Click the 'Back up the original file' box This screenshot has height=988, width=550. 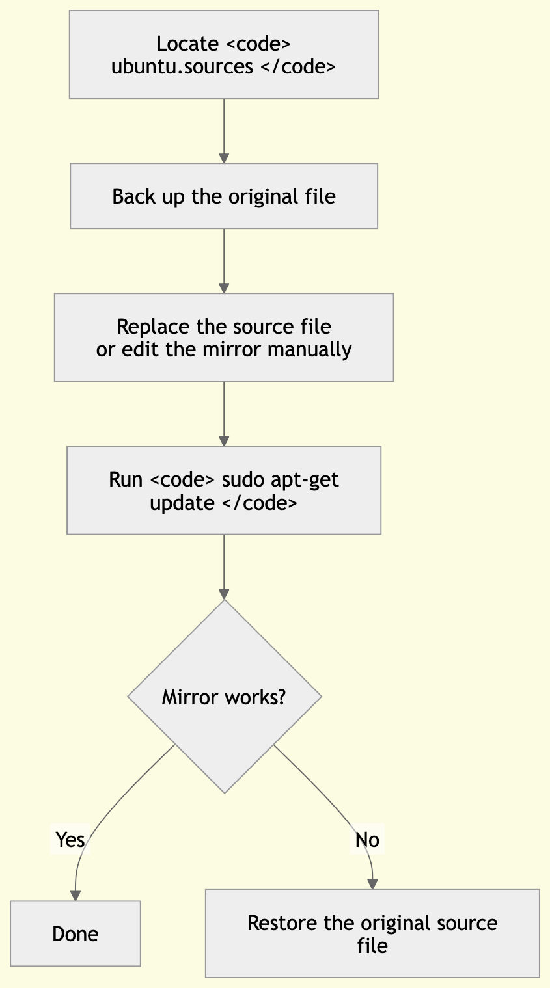[x=224, y=196]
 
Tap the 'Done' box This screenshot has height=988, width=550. [x=76, y=933]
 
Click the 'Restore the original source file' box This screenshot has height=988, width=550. [x=372, y=933]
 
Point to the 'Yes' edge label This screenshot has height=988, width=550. [x=70, y=840]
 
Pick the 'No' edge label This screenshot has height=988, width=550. [x=367, y=840]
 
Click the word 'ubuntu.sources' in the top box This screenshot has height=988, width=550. [x=182, y=66]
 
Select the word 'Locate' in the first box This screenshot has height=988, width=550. [x=187, y=44]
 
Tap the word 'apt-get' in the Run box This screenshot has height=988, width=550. [x=306, y=480]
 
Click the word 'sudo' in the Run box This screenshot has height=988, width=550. [x=243, y=480]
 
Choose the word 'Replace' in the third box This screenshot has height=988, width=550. [x=153, y=326]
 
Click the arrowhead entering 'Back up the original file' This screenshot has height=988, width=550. [x=224, y=158]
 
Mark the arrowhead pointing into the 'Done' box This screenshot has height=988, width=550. [x=76, y=896]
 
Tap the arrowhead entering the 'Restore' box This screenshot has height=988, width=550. [x=372, y=884]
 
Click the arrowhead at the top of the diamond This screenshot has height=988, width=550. [x=224, y=594]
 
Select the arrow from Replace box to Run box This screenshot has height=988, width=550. [x=224, y=413]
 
